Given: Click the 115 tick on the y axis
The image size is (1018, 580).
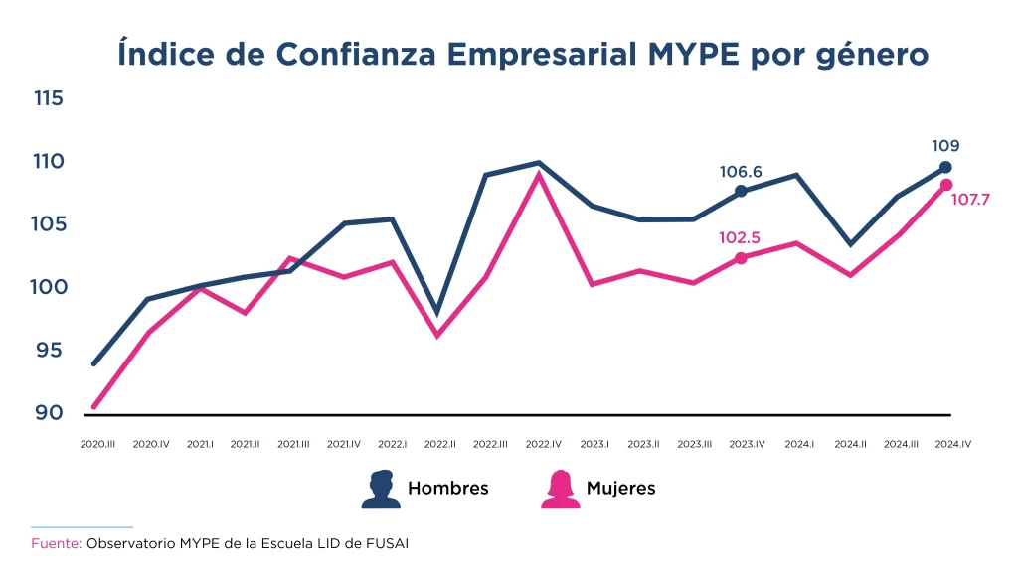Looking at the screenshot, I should [48, 99].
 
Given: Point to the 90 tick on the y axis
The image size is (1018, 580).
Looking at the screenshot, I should [48, 413].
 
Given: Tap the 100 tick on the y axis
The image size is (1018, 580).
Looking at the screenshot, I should [48, 288].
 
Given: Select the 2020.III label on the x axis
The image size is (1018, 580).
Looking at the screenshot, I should [97, 445].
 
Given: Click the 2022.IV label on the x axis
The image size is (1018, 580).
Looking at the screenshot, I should [545, 445].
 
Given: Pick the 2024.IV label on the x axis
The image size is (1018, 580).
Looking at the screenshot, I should [952, 445].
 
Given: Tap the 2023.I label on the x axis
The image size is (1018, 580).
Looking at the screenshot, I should [594, 445].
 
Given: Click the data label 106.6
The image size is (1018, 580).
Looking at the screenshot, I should [741, 173].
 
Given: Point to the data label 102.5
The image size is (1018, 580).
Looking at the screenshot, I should [741, 239].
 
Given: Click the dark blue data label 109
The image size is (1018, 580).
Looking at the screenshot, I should [945, 146].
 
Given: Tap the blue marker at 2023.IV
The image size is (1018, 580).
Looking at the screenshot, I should [741, 191].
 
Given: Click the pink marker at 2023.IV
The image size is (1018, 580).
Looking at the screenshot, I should [741, 258].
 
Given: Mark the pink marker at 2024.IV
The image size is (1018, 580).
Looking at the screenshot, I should [945, 185].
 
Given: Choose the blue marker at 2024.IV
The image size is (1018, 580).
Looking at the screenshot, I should [945, 167].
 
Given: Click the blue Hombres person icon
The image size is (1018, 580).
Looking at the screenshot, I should [381, 489].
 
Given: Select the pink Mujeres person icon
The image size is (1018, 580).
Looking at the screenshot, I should [560, 489].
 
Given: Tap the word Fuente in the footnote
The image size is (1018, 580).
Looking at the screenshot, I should [56, 544].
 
